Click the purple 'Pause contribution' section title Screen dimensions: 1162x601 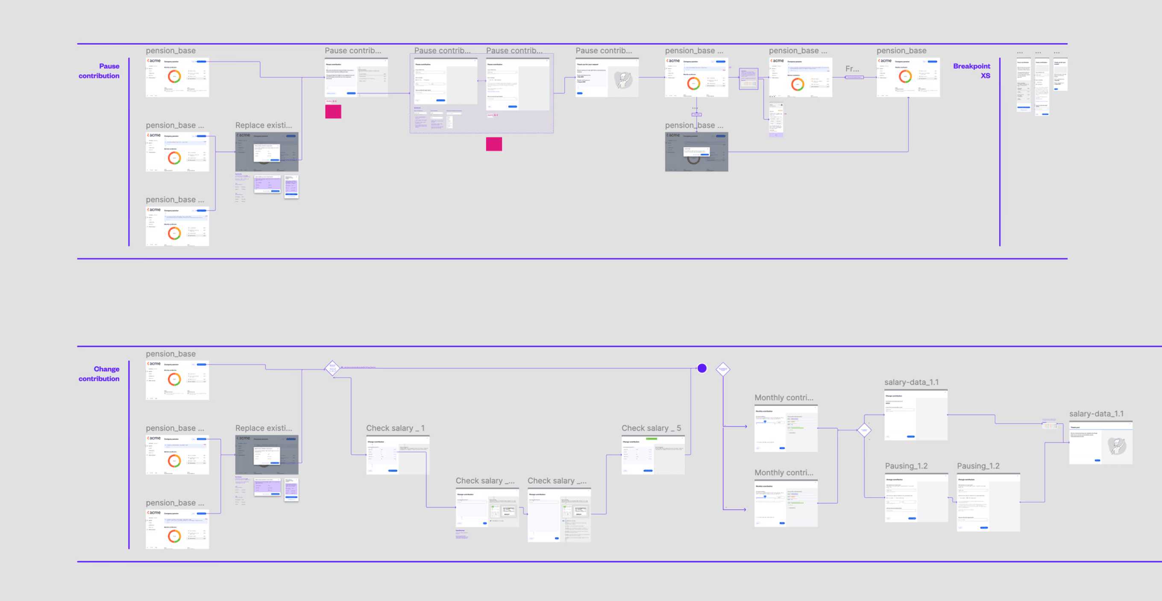(99, 71)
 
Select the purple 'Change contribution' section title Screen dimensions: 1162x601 (99, 374)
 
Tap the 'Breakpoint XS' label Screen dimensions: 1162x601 (971, 71)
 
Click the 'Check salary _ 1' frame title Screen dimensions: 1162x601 (395, 428)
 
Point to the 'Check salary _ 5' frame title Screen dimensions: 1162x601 (651, 428)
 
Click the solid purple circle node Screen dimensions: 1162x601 (702, 368)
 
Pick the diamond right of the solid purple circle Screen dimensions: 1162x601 (723, 369)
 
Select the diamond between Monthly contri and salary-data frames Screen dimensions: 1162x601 (864, 430)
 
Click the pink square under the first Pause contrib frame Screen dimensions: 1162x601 (333, 111)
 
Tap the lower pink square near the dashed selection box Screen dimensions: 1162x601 (494, 144)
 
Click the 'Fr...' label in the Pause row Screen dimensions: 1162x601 (852, 69)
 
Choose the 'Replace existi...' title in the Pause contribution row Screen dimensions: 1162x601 (264, 125)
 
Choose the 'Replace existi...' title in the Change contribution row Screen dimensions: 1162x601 (264, 428)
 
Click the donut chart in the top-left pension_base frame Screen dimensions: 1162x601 (174, 76)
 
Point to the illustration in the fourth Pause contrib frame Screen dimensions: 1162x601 (623, 80)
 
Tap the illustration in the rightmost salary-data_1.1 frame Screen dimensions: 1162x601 (1117, 446)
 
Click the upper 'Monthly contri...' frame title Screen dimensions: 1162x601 (783, 398)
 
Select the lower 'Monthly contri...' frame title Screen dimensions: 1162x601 (783, 473)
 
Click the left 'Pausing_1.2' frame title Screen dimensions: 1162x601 (906, 466)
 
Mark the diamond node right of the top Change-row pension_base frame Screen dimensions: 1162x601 (332, 368)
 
